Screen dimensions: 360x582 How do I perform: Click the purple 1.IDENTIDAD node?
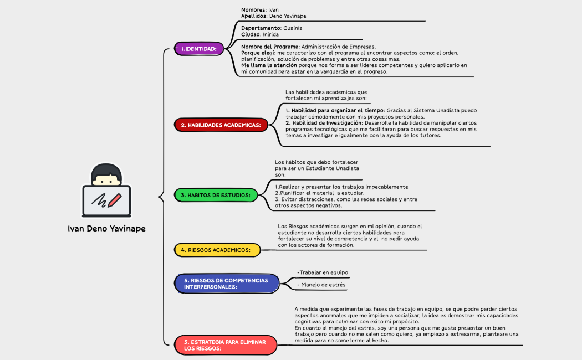[x=198, y=49]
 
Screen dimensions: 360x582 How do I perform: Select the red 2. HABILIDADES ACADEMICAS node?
[x=221, y=125]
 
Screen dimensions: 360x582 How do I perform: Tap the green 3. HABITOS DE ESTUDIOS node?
[x=216, y=195]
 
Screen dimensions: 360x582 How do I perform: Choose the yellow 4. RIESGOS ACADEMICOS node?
[x=216, y=250]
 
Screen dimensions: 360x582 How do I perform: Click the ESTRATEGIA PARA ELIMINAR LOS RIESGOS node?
[x=225, y=345]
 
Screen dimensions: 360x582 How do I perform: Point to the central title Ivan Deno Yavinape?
[x=106, y=228]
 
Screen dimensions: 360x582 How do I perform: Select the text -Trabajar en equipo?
[x=323, y=272]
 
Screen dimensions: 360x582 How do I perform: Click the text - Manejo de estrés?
[x=321, y=285]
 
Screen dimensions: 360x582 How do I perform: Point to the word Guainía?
[x=293, y=28]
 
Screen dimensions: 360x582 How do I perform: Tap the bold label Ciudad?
[x=251, y=34]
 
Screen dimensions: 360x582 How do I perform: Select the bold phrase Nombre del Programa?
[x=270, y=47]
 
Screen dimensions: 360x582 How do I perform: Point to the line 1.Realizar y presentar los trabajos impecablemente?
[x=341, y=187]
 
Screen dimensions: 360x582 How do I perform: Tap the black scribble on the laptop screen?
[x=100, y=199]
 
